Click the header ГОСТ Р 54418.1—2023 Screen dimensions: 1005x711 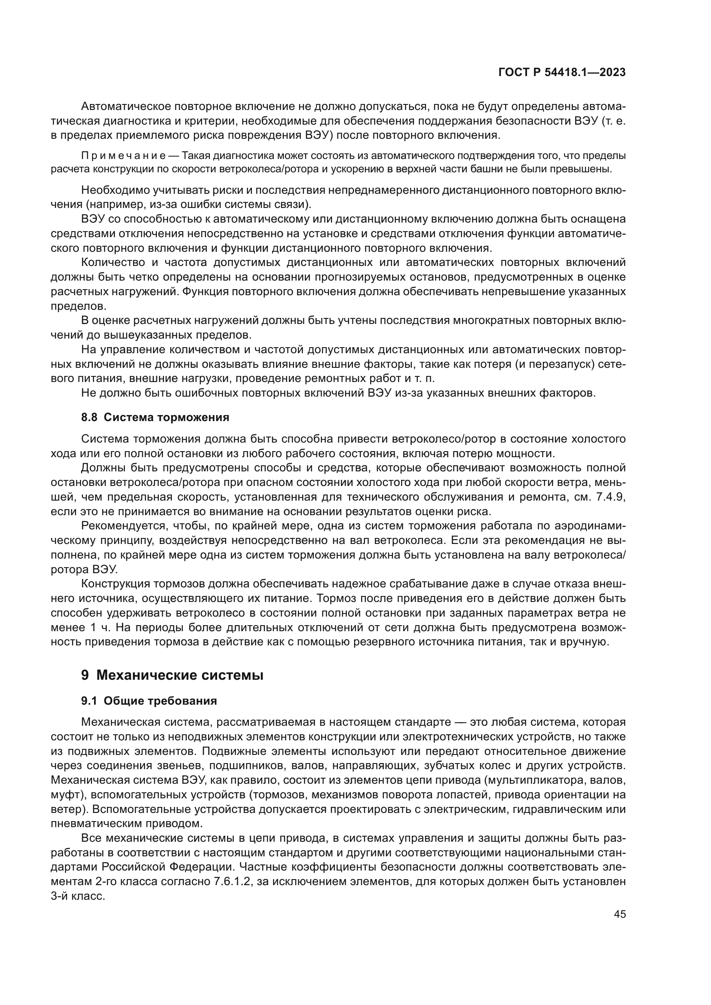562,73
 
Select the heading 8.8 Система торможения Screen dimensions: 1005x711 155,417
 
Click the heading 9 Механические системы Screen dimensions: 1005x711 172,675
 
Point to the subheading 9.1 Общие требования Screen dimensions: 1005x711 149,701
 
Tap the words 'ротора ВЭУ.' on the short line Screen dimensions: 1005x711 84,569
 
